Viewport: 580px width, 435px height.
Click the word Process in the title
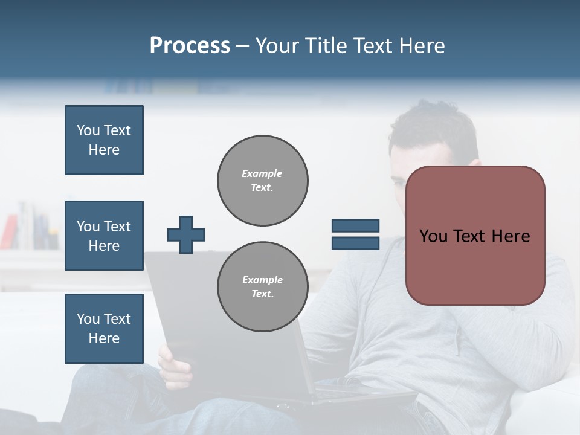190,46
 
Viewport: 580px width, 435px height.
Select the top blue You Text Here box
104,140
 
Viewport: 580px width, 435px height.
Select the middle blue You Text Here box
104,236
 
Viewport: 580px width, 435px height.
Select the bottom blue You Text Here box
104,328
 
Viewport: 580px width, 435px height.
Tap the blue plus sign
186,234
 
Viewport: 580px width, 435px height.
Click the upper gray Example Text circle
262,181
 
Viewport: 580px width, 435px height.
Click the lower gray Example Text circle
262,287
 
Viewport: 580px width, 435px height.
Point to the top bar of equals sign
355,226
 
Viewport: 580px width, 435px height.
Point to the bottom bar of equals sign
355,243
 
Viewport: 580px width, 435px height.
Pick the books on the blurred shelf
30,227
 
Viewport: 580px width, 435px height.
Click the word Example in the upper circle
262,174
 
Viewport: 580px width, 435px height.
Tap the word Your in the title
277,46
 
